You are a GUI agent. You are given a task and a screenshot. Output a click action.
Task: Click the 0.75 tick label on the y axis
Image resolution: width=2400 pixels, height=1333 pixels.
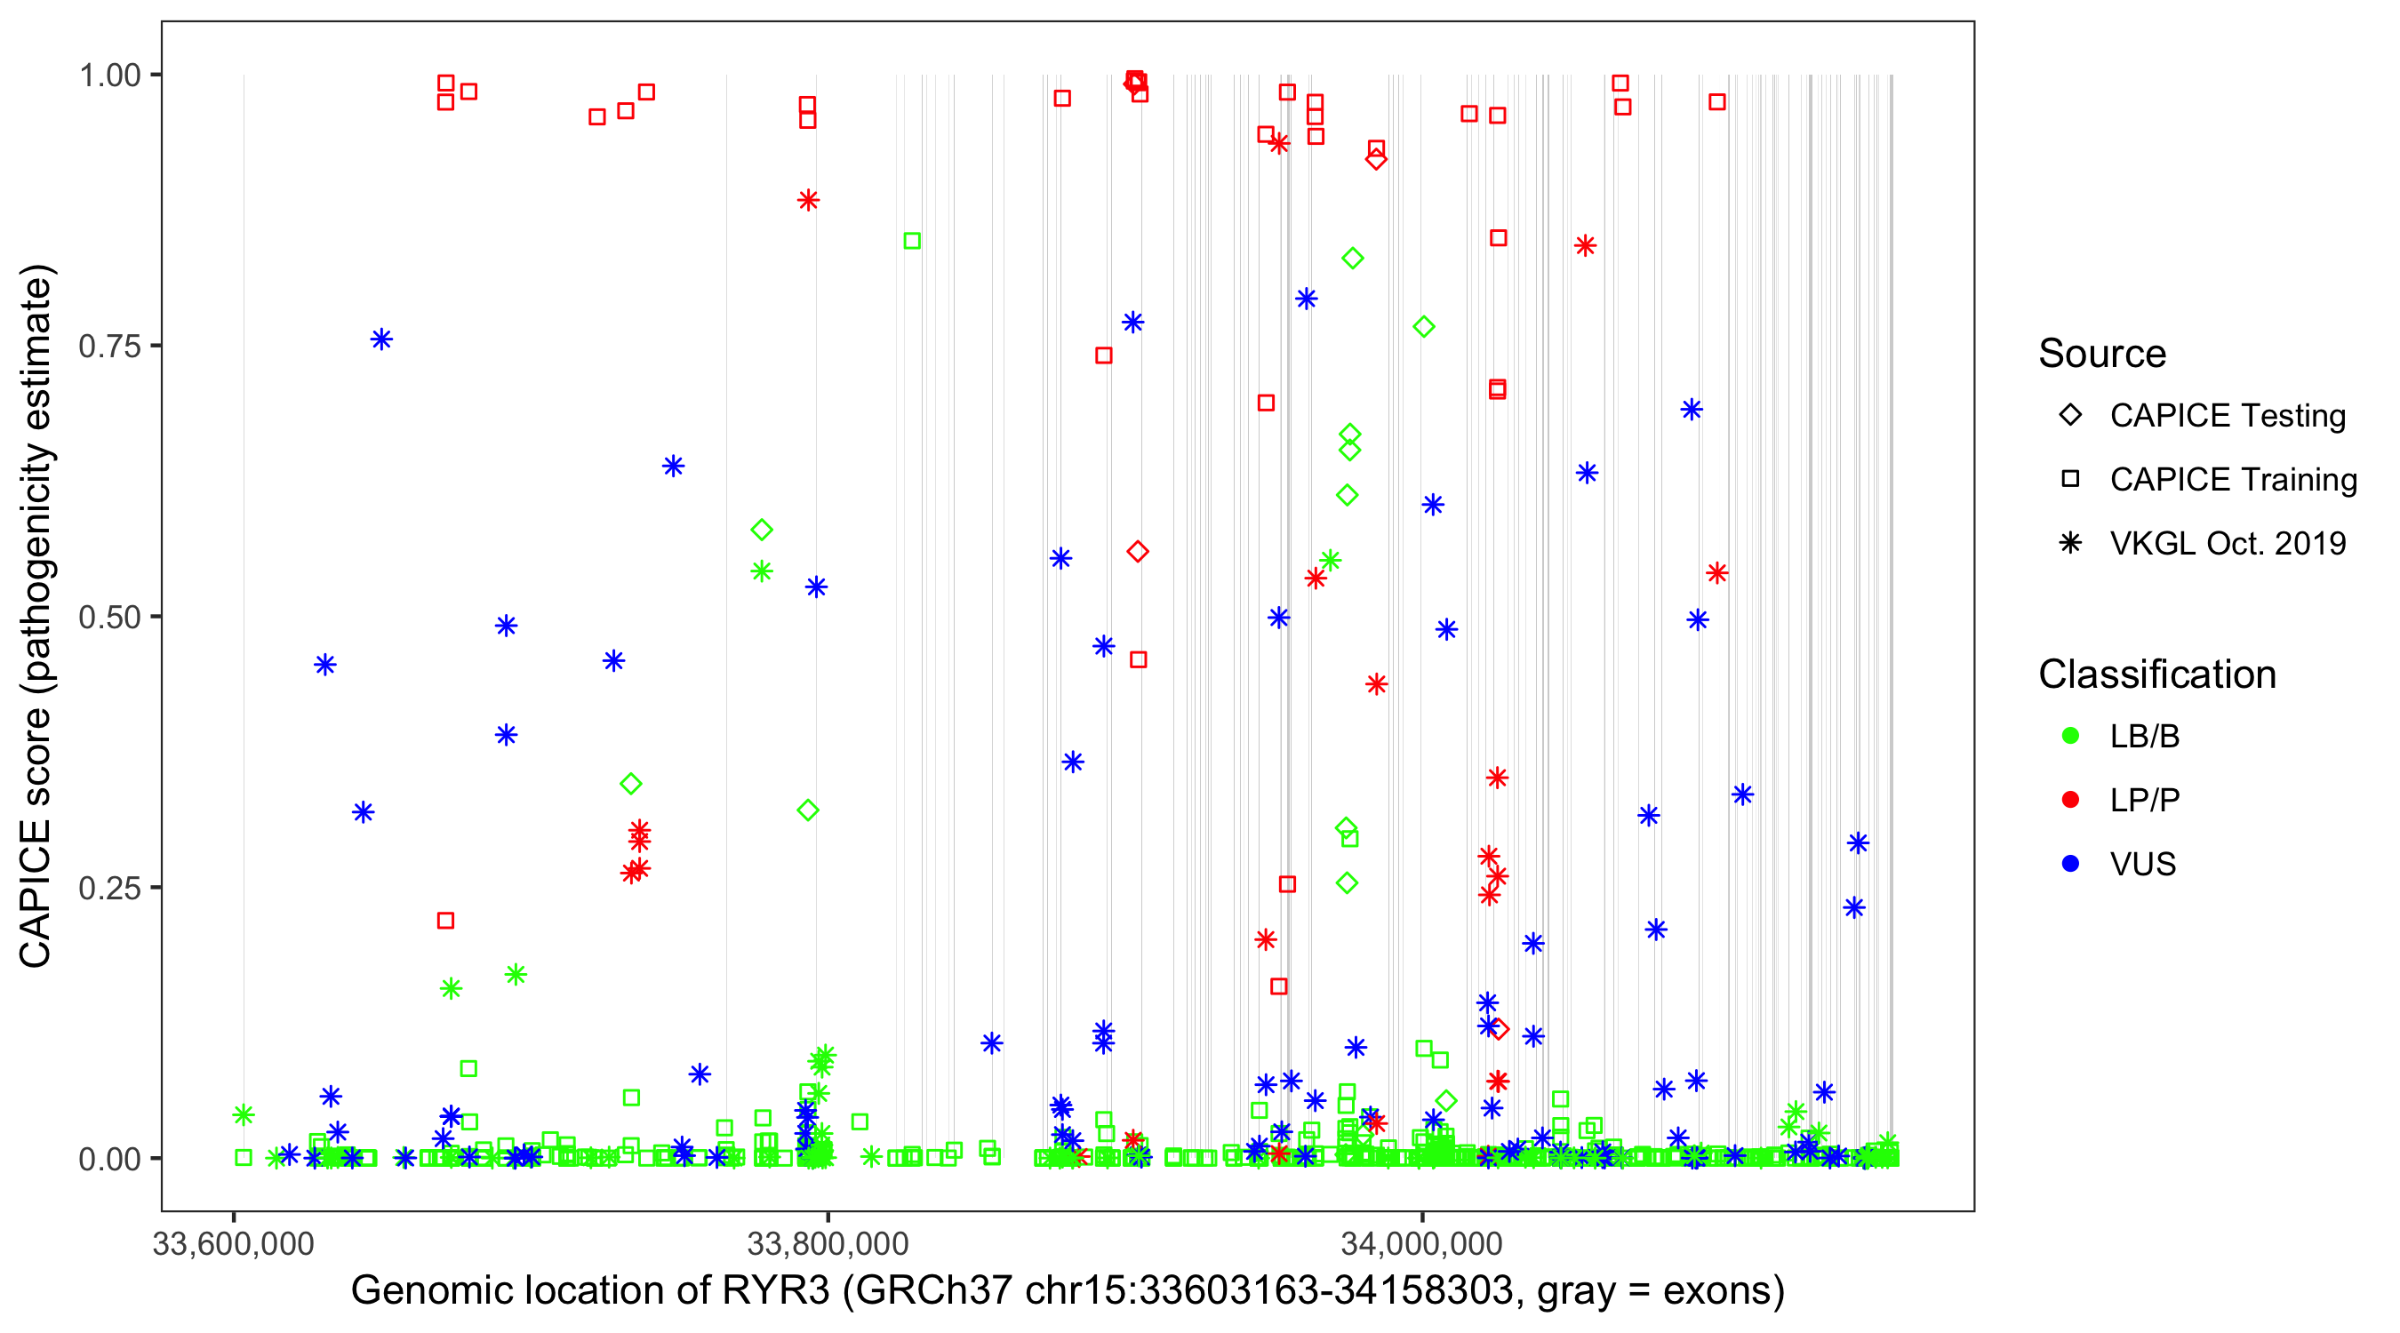click(108, 347)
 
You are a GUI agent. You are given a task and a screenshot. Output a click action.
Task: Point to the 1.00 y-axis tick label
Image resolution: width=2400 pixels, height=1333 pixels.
click(108, 76)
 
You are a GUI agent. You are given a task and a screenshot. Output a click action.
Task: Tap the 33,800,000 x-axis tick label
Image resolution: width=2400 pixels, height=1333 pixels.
click(828, 1243)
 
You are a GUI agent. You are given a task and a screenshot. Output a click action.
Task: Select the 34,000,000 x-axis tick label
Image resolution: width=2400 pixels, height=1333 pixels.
click(1420, 1243)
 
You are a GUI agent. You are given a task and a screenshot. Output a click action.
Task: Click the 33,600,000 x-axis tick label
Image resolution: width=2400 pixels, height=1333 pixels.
click(233, 1243)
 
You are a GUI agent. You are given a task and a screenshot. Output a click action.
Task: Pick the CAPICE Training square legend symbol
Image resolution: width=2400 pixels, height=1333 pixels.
click(2070, 479)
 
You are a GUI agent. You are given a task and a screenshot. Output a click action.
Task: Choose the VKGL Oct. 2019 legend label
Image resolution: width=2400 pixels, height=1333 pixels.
click(2228, 543)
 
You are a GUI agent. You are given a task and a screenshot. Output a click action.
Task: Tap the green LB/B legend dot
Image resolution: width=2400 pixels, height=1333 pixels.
click(2070, 736)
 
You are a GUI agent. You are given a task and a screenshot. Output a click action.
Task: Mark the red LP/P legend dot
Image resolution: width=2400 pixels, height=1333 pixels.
click(2070, 800)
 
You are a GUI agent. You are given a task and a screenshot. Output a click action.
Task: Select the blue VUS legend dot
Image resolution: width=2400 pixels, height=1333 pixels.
click(2070, 864)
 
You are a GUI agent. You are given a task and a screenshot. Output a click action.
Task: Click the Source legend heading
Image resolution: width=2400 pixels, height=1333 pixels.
click(2102, 354)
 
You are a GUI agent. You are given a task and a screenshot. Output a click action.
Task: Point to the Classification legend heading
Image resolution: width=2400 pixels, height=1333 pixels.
click(2156, 674)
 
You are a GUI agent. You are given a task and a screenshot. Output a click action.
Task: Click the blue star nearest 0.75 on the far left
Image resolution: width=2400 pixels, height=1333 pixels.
click(381, 340)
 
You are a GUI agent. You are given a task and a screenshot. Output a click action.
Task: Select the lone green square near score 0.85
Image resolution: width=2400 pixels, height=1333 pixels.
click(912, 241)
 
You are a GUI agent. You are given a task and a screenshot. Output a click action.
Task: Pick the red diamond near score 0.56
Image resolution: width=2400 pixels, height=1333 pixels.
click(1138, 553)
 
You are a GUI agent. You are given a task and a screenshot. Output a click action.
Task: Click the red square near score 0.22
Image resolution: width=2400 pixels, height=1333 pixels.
click(445, 921)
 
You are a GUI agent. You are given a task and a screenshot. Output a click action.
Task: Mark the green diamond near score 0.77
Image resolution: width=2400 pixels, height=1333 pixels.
click(1424, 327)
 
